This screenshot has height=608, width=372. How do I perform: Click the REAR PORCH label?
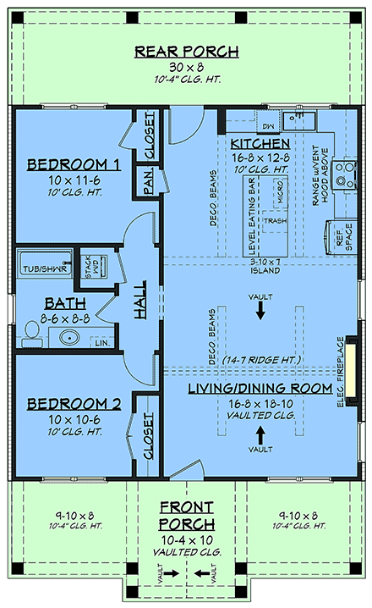coord(187,53)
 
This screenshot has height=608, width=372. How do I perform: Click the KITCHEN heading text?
coord(260,144)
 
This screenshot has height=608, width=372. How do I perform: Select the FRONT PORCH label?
coord(187,517)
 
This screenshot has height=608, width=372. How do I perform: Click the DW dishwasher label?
coord(268,126)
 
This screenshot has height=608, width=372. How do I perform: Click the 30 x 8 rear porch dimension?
coord(187,67)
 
